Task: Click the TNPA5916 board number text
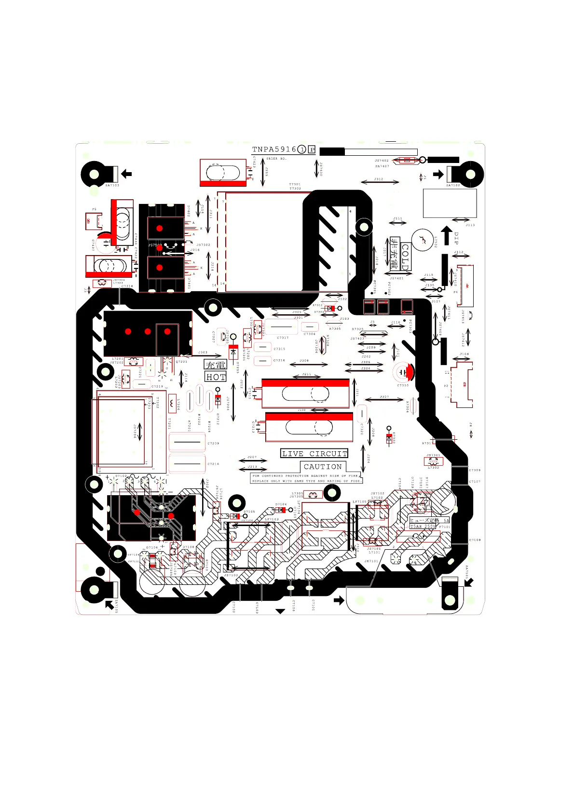click(x=274, y=149)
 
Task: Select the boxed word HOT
click(x=216, y=377)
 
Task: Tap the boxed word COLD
click(x=405, y=257)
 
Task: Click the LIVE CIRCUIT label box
click(x=314, y=454)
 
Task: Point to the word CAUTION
click(x=323, y=467)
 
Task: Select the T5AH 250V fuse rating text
click(x=423, y=527)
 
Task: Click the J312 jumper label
click(x=379, y=179)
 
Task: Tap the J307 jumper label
click(x=384, y=397)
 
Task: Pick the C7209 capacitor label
click(x=213, y=443)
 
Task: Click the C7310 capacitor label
click(x=403, y=385)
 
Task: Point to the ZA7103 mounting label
click(x=112, y=185)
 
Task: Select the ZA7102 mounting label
click(x=453, y=185)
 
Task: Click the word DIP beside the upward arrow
click(x=456, y=238)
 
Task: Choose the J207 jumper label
click(x=252, y=457)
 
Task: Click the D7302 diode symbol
click(x=389, y=438)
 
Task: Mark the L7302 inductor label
click(x=434, y=467)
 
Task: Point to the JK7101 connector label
click(x=371, y=561)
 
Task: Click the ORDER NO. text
click(x=276, y=159)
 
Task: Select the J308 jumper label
click(x=304, y=361)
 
